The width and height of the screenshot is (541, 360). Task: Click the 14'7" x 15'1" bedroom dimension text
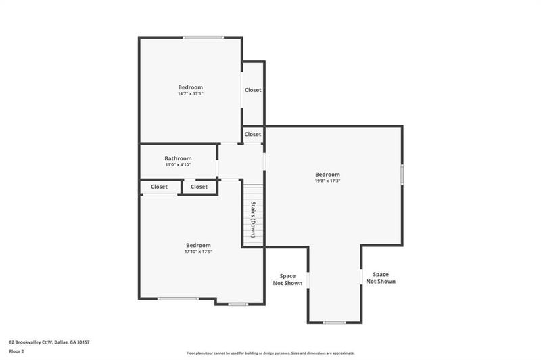190,93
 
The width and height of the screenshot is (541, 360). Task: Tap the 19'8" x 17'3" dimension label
327,181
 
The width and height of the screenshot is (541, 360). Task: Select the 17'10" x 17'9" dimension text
198,252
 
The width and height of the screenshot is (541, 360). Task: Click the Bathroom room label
178,158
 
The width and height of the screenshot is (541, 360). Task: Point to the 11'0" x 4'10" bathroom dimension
178,164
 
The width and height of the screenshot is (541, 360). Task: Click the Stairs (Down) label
253,219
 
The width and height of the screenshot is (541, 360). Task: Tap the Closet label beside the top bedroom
253,90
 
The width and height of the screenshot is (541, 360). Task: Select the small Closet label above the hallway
253,134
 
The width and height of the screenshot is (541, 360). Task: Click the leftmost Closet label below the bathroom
159,187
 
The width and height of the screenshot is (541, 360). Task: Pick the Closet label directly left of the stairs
199,187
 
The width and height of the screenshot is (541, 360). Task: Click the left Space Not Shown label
287,279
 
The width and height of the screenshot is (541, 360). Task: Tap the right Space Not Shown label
381,277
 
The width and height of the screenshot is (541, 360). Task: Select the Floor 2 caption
16,352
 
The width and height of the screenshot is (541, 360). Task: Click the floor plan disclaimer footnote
270,353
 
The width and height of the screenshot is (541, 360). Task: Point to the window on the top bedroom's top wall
203,37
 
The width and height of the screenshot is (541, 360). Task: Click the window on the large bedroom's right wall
402,175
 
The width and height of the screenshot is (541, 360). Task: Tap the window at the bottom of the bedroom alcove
334,322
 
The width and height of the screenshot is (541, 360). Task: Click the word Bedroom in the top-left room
190,87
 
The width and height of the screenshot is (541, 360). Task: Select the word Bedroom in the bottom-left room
198,245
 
